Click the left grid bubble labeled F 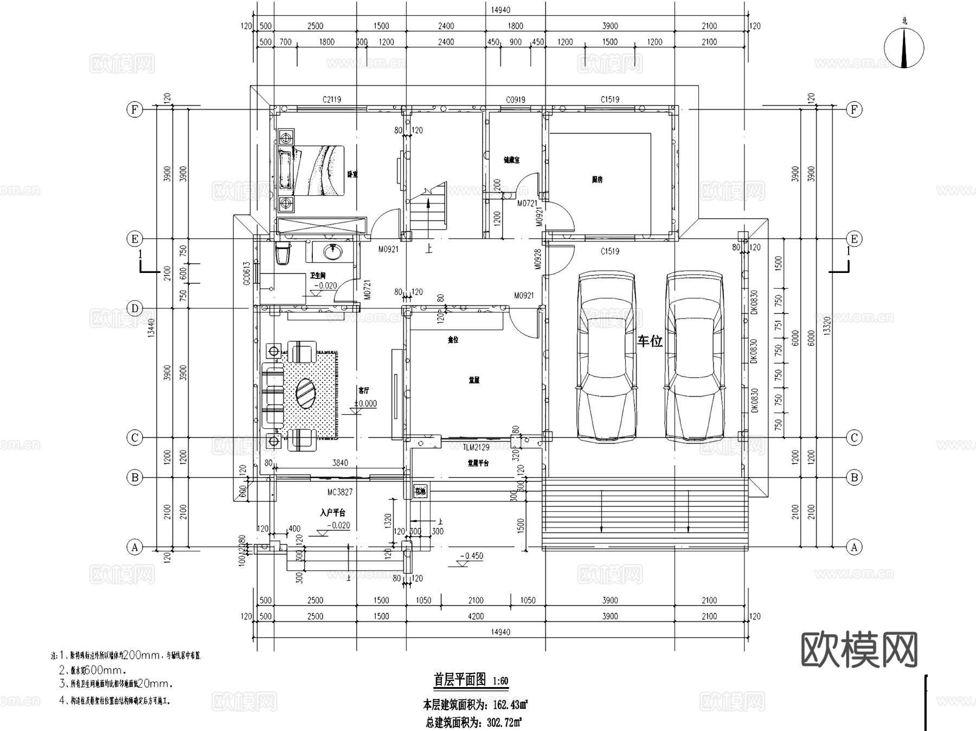[134, 110]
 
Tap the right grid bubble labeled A [855, 547]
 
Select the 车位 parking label [650, 341]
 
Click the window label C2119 [332, 99]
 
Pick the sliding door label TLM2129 [476, 447]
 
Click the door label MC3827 [340, 492]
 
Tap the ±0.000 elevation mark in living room [365, 404]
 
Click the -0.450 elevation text [471, 556]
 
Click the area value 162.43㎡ [510, 705]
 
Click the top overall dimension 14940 [500, 10]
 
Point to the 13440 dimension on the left [151, 328]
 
